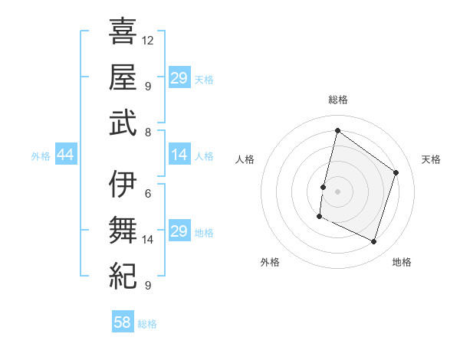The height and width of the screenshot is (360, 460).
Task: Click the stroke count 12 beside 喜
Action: click(x=148, y=40)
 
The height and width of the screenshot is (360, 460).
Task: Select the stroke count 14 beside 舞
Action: click(x=148, y=240)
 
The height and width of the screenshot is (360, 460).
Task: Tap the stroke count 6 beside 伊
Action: click(x=147, y=194)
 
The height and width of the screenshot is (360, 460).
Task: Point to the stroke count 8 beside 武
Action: click(x=147, y=132)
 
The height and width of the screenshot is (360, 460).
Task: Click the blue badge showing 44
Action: click(x=65, y=155)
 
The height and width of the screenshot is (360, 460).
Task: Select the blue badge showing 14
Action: click(x=179, y=155)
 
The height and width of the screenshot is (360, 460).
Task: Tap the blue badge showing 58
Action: click(x=123, y=323)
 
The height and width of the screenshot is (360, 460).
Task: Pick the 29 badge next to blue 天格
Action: click(x=179, y=79)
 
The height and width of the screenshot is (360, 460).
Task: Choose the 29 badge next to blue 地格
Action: click(x=179, y=232)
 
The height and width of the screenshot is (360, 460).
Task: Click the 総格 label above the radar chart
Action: click(x=337, y=100)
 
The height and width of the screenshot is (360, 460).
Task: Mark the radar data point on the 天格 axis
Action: click(x=396, y=172)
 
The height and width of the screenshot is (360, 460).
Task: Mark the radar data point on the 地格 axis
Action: click(x=374, y=242)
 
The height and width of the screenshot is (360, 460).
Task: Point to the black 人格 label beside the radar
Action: click(x=245, y=159)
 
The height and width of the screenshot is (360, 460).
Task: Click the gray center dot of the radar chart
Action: click(x=337, y=191)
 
